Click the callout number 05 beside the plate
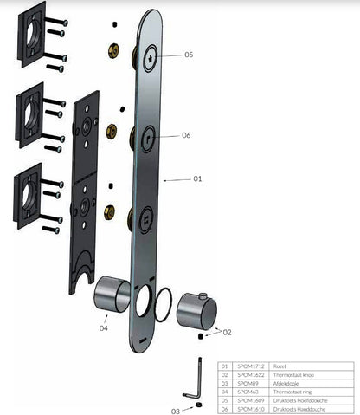[x=189, y=54]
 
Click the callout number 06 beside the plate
[x=186, y=135]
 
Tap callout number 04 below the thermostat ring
[x=104, y=327]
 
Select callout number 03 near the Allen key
[x=176, y=411]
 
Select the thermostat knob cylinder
[x=194, y=309]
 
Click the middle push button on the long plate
[x=147, y=136]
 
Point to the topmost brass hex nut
[x=113, y=49]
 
